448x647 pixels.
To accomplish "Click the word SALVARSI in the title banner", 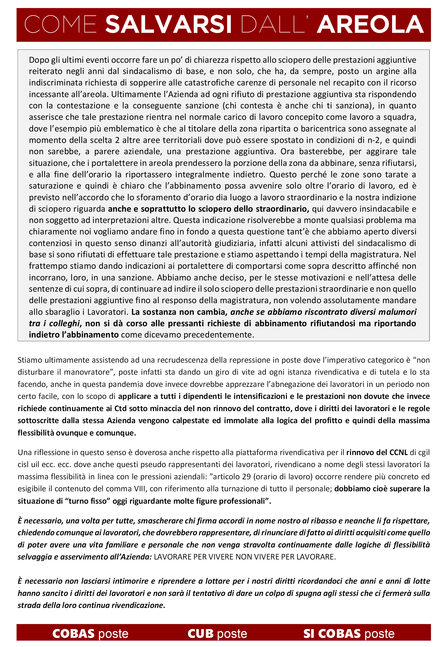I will click(x=168, y=25).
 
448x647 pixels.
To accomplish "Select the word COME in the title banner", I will click(x=60, y=25).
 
